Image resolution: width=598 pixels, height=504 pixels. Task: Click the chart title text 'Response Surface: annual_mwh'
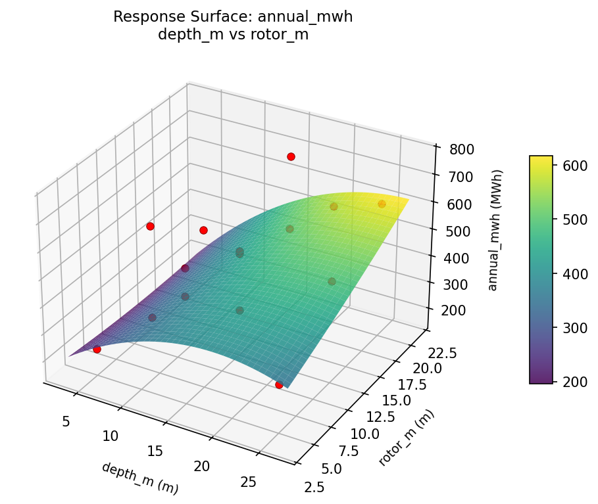tap(233, 17)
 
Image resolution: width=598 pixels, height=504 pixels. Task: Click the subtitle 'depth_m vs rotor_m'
tap(233, 35)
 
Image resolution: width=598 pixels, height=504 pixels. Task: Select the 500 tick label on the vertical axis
tap(453, 231)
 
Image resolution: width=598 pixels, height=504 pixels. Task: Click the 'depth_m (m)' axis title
tap(139, 478)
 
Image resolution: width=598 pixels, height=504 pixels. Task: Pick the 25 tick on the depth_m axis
tap(248, 483)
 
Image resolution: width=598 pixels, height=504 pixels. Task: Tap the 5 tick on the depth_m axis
tap(66, 421)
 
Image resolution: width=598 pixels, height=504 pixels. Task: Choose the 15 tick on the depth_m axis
tap(156, 451)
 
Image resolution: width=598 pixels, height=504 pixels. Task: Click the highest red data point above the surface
tap(291, 156)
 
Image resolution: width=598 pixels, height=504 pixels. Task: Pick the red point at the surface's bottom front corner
tap(279, 384)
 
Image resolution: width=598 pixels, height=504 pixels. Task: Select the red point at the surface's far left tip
tap(97, 349)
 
